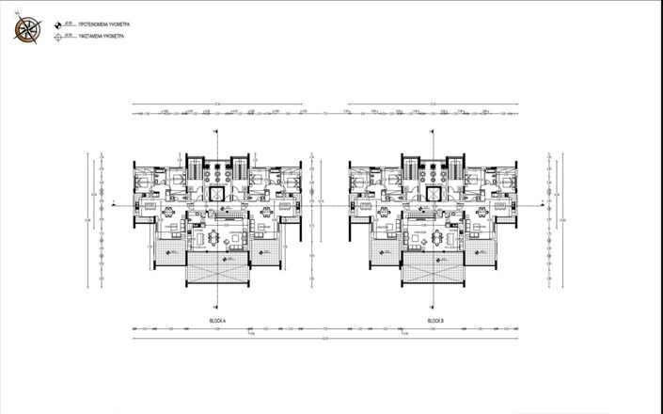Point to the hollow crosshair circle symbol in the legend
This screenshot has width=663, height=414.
pos(60,37)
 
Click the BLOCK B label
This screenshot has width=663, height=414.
pos(435,321)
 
